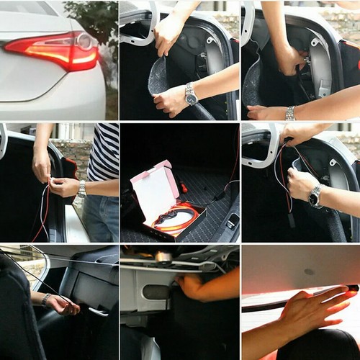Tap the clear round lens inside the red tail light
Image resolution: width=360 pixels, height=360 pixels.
click(x=85, y=41)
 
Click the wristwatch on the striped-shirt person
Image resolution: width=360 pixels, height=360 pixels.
click(x=81, y=189)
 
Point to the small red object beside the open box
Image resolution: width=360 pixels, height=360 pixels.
click(x=184, y=189)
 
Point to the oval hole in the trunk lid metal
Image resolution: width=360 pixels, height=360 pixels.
click(x=156, y=292)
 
